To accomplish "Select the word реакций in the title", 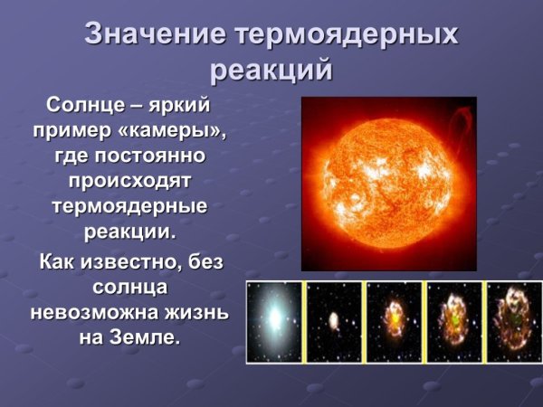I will (x=271, y=70).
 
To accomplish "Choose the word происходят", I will (x=129, y=181).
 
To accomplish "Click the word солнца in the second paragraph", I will (x=129, y=288).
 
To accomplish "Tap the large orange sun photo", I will (x=388, y=183).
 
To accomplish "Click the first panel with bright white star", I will (x=274, y=322).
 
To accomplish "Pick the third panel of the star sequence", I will (x=394, y=322).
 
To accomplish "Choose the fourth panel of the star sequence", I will (x=454, y=322).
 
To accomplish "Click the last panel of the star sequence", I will (x=514, y=322).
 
